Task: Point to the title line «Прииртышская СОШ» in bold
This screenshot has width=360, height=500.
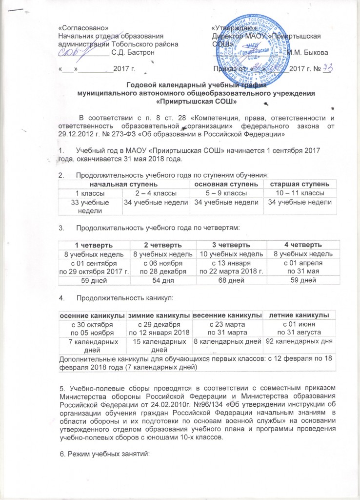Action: (x=196, y=102)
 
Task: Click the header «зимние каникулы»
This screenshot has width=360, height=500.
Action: (x=160, y=312)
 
